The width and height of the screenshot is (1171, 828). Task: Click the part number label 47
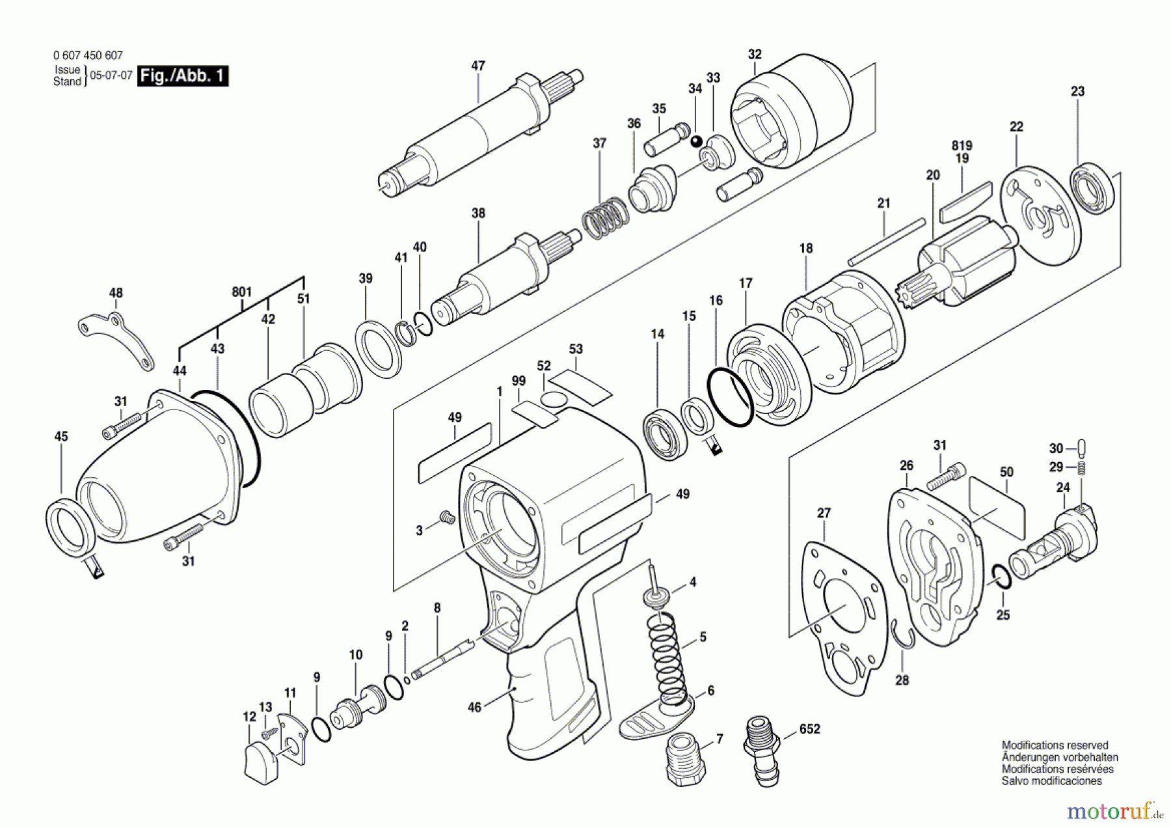[478, 66]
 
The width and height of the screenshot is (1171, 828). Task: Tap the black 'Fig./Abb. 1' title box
[183, 76]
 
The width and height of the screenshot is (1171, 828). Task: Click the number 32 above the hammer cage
[755, 54]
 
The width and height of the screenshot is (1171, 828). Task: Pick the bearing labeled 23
[1092, 189]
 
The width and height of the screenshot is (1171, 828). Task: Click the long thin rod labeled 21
[886, 241]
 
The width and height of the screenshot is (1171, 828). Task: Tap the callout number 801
[241, 292]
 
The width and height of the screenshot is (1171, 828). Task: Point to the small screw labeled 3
[447, 517]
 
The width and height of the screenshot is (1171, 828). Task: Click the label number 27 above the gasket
[824, 513]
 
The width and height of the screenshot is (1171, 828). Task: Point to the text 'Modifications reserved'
[1055, 745]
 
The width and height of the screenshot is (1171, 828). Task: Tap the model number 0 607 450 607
[88, 56]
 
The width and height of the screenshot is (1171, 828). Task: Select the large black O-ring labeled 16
[731, 398]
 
